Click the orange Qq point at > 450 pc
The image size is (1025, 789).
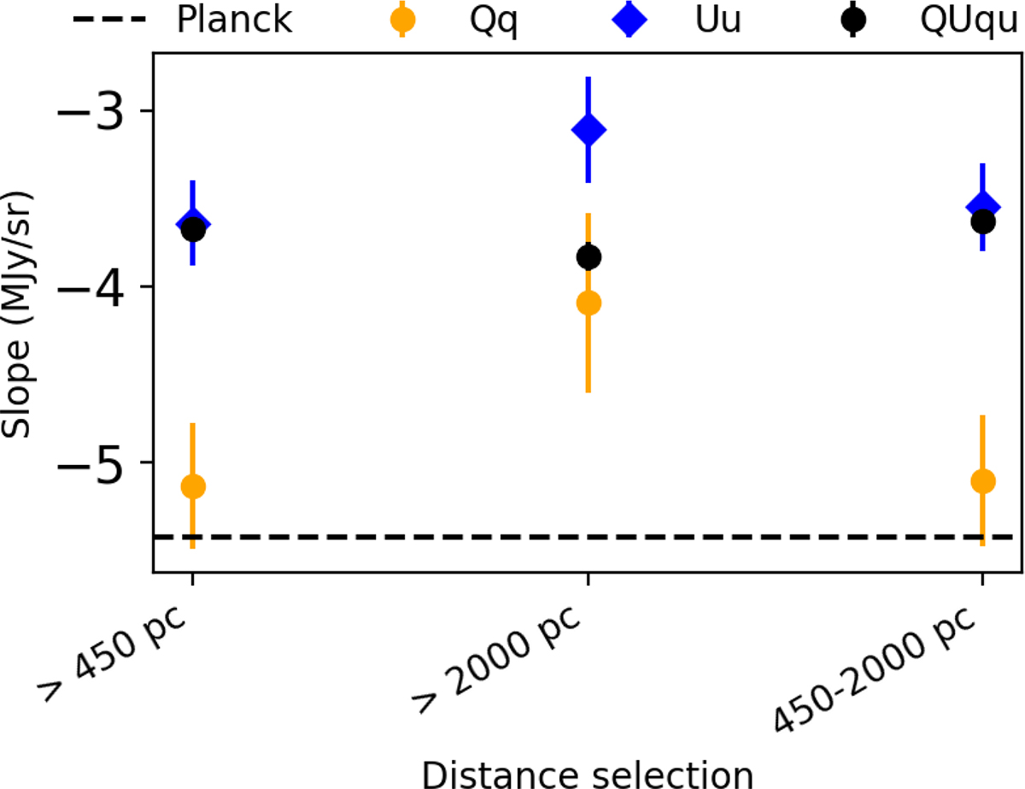(193, 486)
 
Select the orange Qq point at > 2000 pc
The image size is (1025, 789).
(589, 303)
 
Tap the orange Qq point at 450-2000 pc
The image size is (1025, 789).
(983, 481)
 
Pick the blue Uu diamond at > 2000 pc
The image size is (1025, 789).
(589, 130)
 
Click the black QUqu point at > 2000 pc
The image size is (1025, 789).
(589, 256)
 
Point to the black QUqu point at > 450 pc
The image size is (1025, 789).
(193, 229)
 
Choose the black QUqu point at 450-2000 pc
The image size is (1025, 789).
(983, 222)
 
